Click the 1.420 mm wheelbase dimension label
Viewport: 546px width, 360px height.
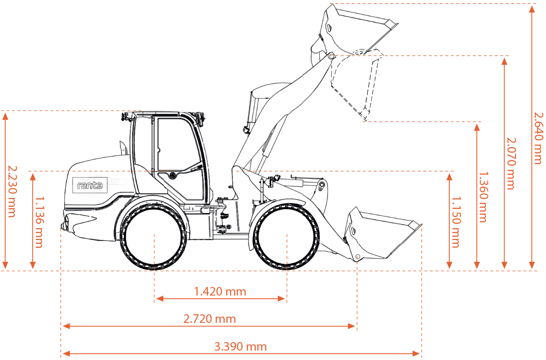tap(220, 291)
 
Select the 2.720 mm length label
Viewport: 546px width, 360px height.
tap(209, 319)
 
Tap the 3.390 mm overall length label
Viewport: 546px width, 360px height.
tap(240, 347)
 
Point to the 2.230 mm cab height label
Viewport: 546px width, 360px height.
tap(12, 192)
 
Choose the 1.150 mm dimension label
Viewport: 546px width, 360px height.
tap(456, 222)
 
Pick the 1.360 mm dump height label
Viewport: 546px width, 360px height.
tap(484, 197)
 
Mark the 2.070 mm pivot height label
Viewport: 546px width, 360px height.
tap(512, 164)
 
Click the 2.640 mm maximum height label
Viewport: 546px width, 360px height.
tap(539, 138)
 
